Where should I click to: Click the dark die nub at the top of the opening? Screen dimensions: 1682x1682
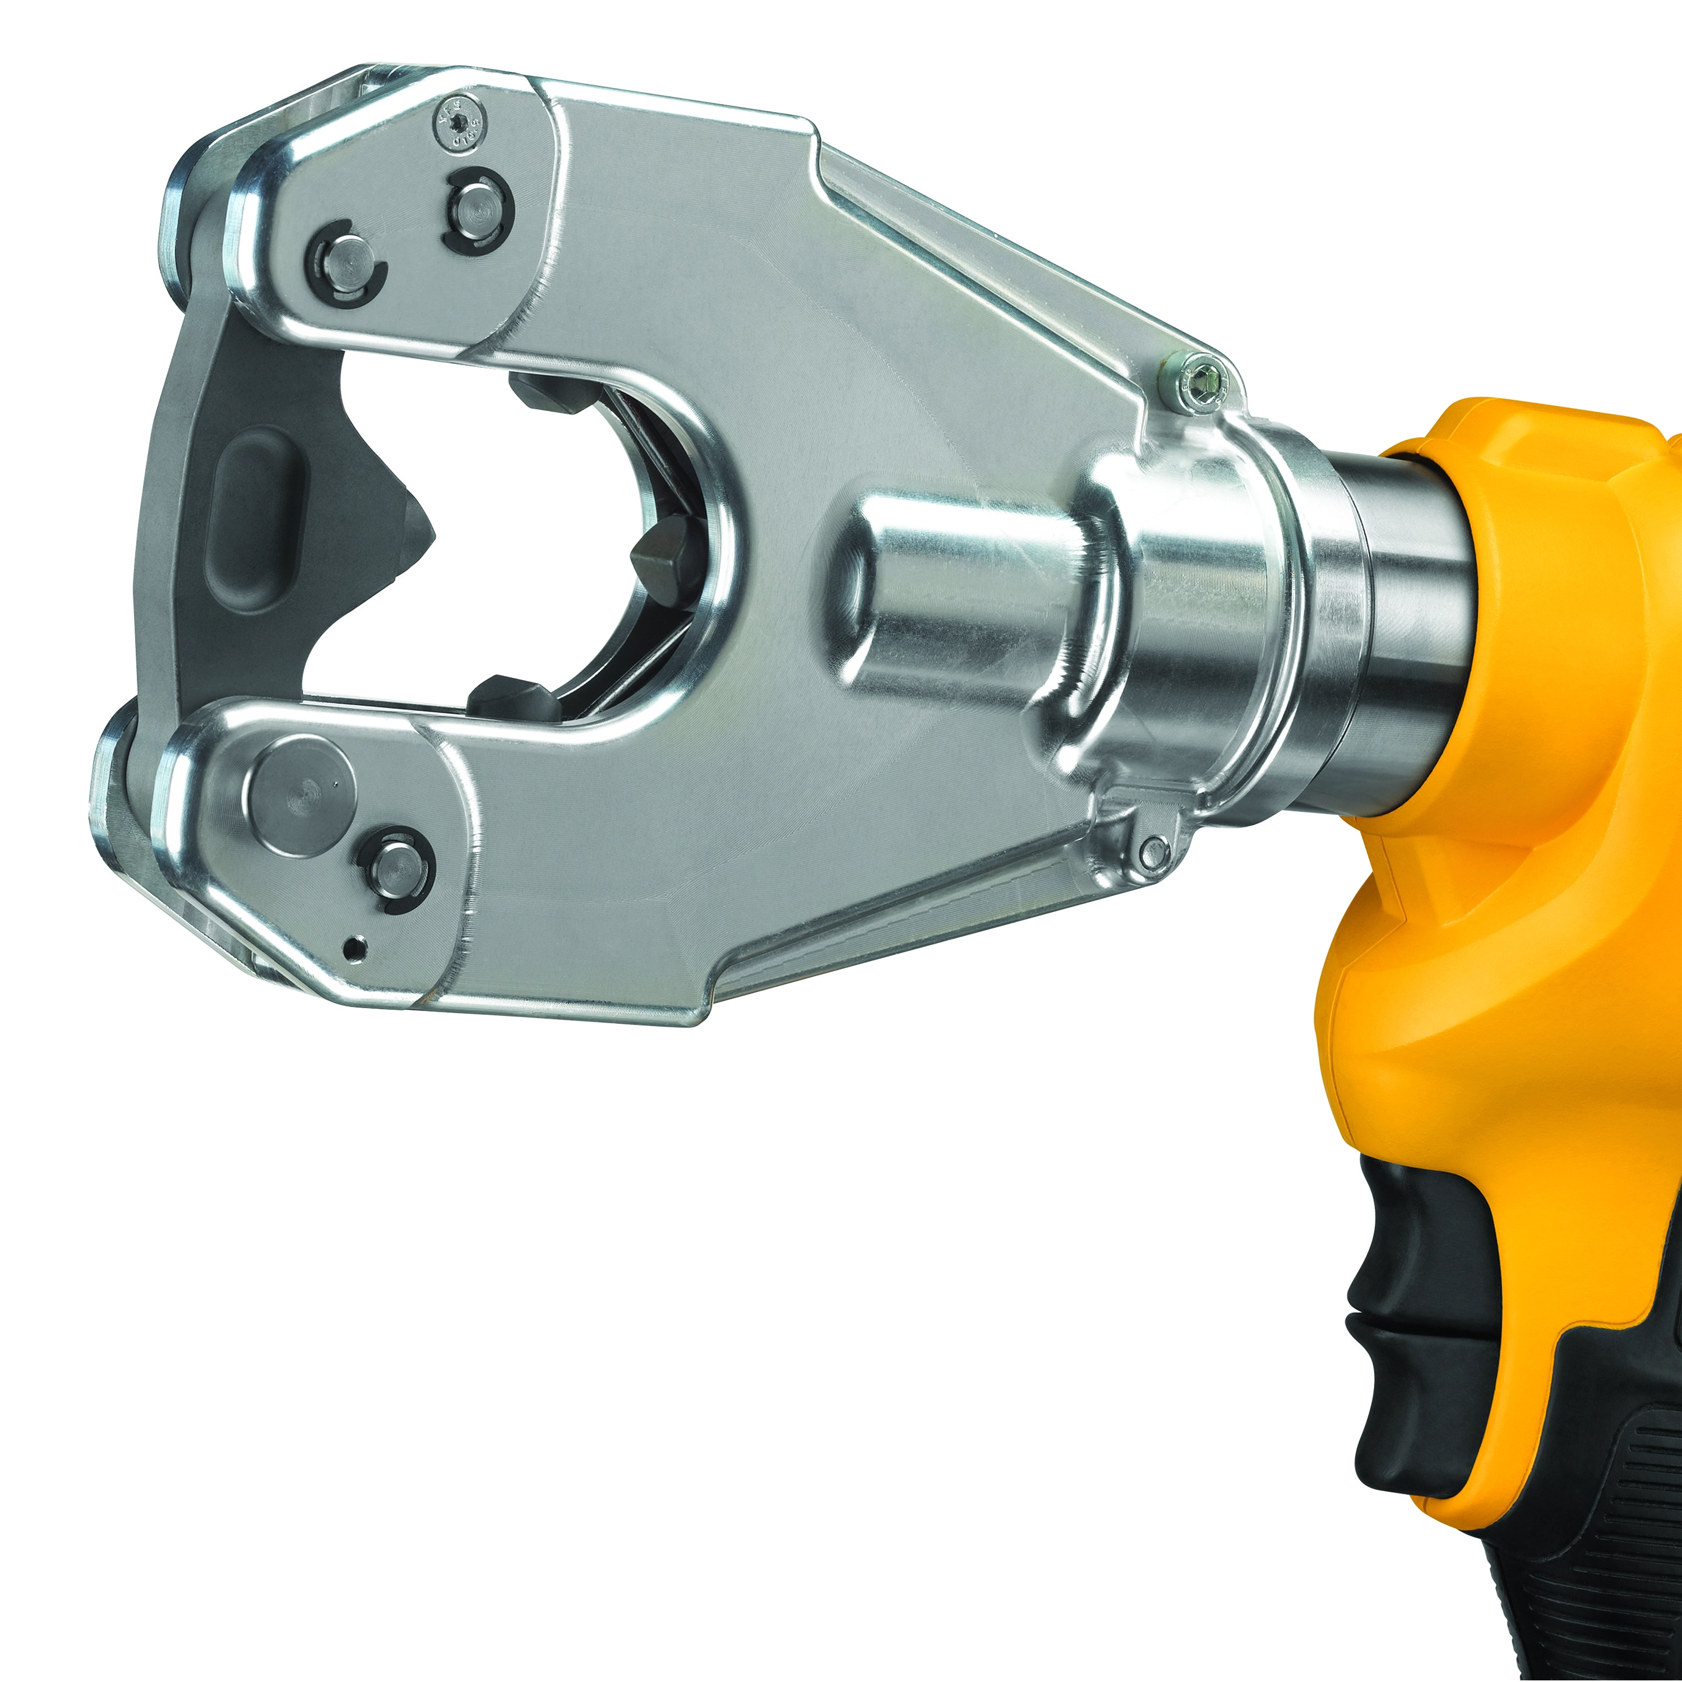(557, 396)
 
